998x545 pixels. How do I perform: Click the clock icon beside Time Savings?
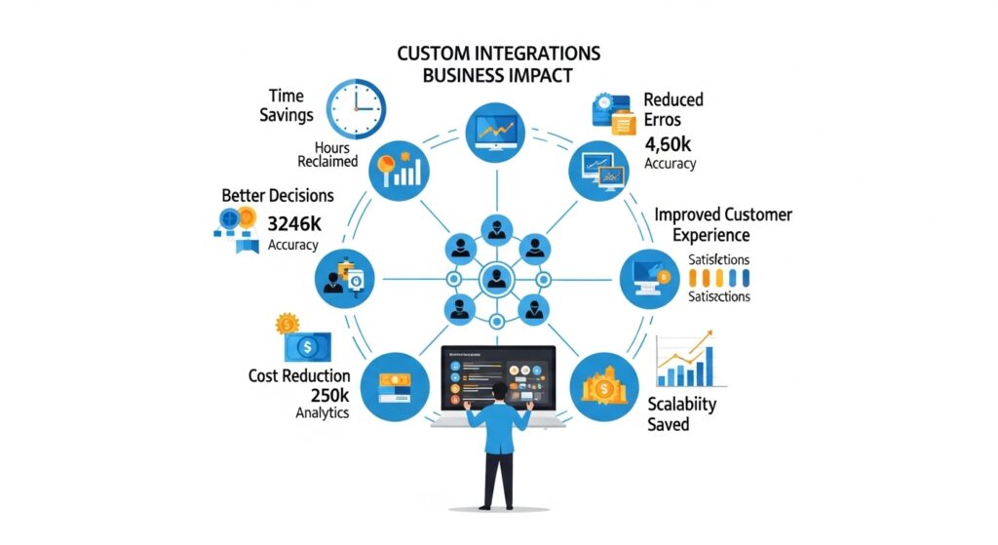pyautogui.click(x=356, y=109)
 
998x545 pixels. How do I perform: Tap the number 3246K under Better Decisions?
pyautogui.click(x=293, y=224)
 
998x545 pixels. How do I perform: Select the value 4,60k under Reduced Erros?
pyautogui.click(x=668, y=144)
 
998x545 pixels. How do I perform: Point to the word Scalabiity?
pyautogui.click(x=681, y=403)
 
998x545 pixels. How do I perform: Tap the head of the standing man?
pyautogui.click(x=499, y=393)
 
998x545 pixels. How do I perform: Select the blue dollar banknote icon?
pyautogui.click(x=305, y=346)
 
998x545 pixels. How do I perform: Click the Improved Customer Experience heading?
pyautogui.click(x=723, y=224)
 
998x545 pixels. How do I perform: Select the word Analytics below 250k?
pyautogui.click(x=322, y=413)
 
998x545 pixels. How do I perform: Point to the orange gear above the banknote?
pyautogui.click(x=287, y=323)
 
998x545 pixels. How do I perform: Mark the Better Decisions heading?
pyautogui.click(x=277, y=196)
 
